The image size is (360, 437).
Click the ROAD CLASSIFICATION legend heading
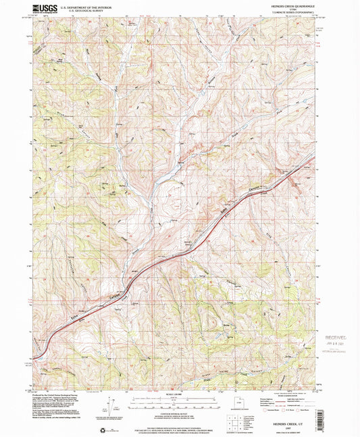click(288, 396)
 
